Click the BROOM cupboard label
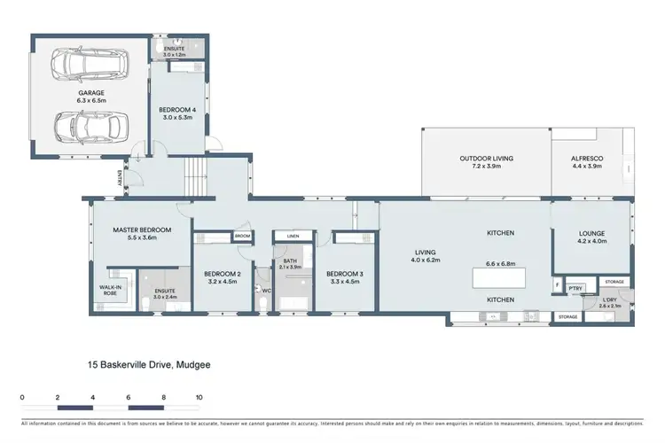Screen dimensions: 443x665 point(242,236)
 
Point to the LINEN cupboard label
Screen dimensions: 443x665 point(291,236)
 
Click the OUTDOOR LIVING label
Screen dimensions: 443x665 point(486,159)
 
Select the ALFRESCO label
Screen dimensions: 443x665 point(587,159)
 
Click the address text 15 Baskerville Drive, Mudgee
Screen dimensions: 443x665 point(148,364)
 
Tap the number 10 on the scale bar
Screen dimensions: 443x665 point(199,397)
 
